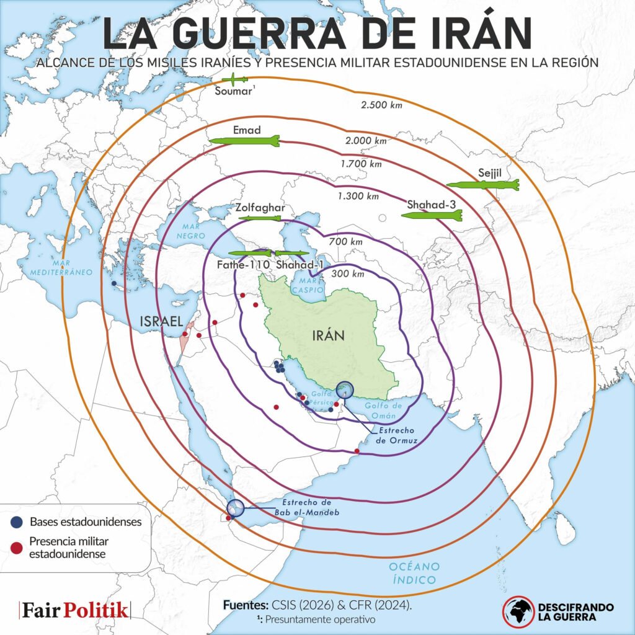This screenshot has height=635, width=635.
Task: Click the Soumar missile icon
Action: pos(236,79)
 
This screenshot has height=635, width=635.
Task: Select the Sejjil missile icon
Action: pos(482,184)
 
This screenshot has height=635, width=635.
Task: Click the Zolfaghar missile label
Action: pos(260,208)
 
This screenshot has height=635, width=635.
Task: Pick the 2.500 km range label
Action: pos(381,105)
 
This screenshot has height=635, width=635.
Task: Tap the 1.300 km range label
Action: pos(358,196)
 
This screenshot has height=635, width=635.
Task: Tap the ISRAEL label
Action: pos(161,321)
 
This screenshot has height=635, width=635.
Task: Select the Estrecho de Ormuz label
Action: pos(397,435)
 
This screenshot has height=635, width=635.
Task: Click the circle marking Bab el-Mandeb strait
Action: pos(235,508)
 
